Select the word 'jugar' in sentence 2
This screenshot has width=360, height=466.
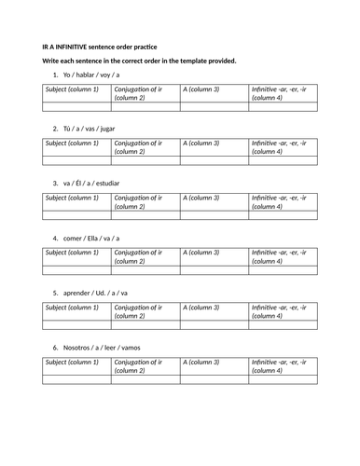pyautogui.click(x=113, y=128)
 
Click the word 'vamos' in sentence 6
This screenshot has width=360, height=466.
pyautogui.click(x=145, y=347)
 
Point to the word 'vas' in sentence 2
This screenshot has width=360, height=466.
pyautogui.click(x=91, y=128)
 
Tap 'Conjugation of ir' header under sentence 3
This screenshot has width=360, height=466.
pyautogui.click(x=138, y=197)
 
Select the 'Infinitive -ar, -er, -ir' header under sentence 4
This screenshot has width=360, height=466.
pyautogui.click(x=284, y=252)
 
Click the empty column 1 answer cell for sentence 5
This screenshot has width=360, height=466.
pyautogui.click(x=76, y=324)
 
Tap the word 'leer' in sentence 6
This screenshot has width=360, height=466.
pyautogui.click(x=117, y=347)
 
